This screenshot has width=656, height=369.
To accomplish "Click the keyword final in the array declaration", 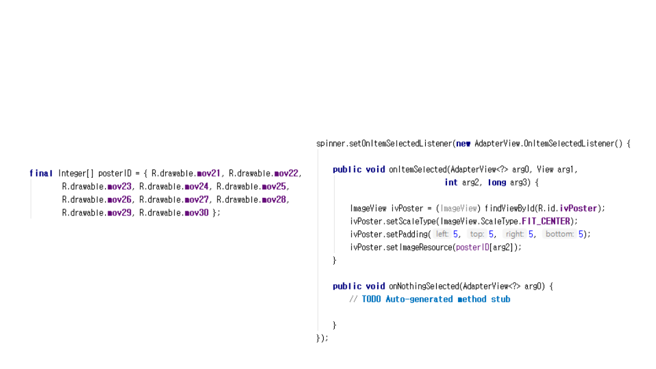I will point(41,174).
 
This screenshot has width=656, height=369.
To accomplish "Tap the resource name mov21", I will point(208,174).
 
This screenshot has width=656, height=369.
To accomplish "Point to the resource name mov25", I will point(275,187).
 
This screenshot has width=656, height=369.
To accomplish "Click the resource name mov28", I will point(275,200).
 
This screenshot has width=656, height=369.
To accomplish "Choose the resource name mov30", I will point(196,213).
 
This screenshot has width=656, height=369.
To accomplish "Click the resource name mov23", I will point(119,187).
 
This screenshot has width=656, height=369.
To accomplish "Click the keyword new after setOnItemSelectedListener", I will point(463,144).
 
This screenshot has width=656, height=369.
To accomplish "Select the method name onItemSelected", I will point(418,170).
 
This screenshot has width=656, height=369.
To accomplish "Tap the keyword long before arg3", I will point(497,183).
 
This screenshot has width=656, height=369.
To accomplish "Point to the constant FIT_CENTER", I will point(546,222).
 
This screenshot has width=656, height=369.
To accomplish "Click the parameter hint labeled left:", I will point(442,234).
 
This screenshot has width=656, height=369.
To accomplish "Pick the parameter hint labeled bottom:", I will point(559,234).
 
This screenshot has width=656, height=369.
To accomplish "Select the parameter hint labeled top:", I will point(477,234).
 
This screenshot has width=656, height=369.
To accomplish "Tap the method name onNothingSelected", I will point(424,286).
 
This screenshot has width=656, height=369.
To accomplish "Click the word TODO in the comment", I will point(372,299).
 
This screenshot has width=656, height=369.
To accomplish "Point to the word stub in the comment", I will point(501,299).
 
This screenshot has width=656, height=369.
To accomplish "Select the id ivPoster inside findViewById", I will point(578,209).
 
